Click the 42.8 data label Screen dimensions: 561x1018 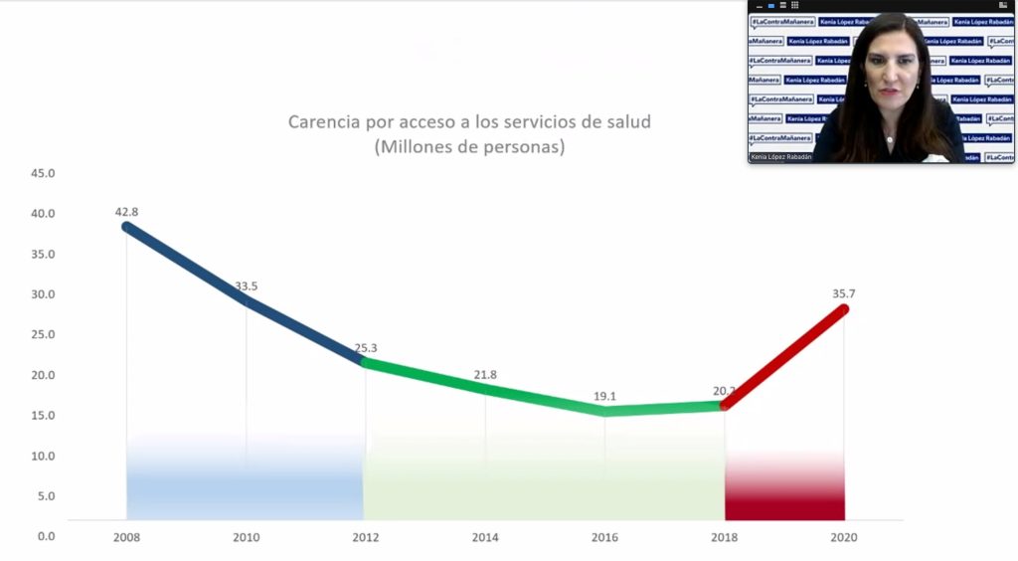pyautogui.click(x=126, y=211)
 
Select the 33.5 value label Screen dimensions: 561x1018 pyautogui.click(x=247, y=286)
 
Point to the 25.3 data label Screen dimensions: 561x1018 pyautogui.click(x=366, y=348)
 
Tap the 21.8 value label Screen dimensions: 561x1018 pyautogui.click(x=485, y=374)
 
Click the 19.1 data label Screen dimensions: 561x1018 pyautogui.click(x=604, y=396)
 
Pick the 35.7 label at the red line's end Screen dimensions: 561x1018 pyautogui.click(x=845, y=293)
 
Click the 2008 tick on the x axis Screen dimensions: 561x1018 pyautogui.click(x=126, y=537)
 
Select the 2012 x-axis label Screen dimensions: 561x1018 pyautogui.click(x=366, y=537)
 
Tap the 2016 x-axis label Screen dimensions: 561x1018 pyautogui.click(x=604, y=537)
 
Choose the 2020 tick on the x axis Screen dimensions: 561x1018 pyautogui.click(x=844, y=537)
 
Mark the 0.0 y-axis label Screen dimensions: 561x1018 pyautogui.click(x=45, y=536)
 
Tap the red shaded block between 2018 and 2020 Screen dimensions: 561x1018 pyautogui.click(x=784, y=487)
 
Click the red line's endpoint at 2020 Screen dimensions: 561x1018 pyautogui.click(x=844, y=309)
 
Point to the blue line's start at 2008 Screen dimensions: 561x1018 pyautogui.click(x=127, y=227)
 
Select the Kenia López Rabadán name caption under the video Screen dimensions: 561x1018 pyautogui.click(x=780, y=157)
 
